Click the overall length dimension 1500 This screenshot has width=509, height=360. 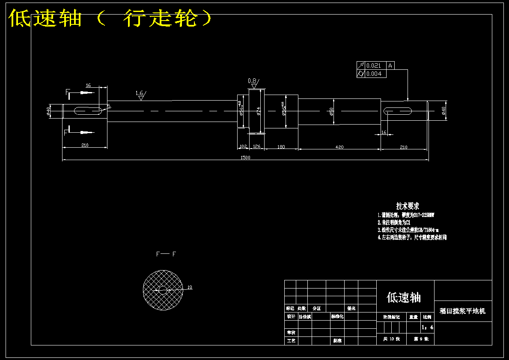(x=245, y=158)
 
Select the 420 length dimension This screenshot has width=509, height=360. (x=339, y=147)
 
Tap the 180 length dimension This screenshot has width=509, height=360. (x=281, y=147)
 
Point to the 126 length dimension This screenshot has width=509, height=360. (x=257, y=147)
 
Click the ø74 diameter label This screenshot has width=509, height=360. (x=259, y=111)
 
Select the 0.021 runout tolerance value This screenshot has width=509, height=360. (x=374, y=65)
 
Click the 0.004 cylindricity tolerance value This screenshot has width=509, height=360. (x=374, y=74)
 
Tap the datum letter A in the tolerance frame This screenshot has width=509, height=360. (x=390, y=65)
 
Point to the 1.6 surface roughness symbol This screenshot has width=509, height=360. (x=140, y=95)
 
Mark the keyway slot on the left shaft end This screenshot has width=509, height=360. (x=88, y=111)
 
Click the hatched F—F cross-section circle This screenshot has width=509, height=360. (x=163, y=289)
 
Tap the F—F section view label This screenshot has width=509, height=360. (x=166, y=254)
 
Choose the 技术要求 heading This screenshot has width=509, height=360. (x=408, y=206)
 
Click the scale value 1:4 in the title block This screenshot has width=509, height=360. (x=427, y=327)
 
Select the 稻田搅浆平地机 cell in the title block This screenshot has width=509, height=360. (x=463, y=311)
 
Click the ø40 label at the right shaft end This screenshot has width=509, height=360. (x=444, y=111)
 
